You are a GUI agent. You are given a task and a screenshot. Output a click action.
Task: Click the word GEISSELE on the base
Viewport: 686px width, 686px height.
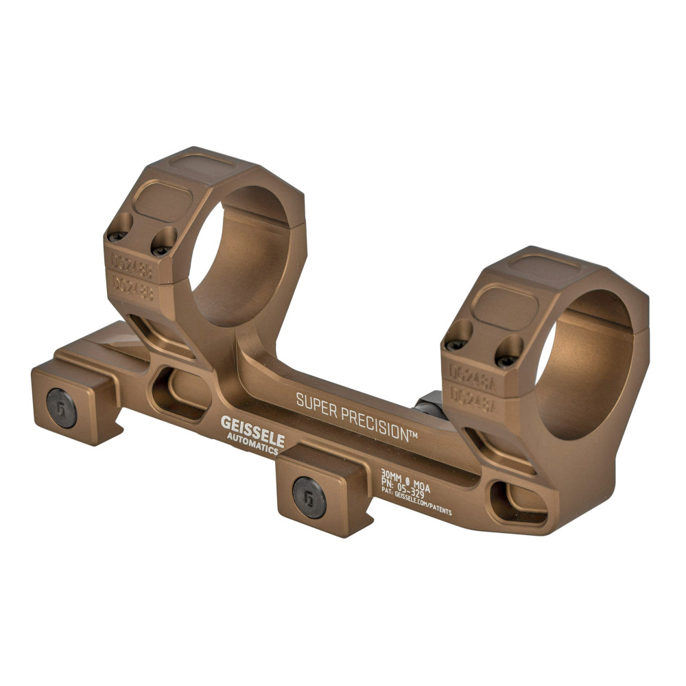click(252, 430)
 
